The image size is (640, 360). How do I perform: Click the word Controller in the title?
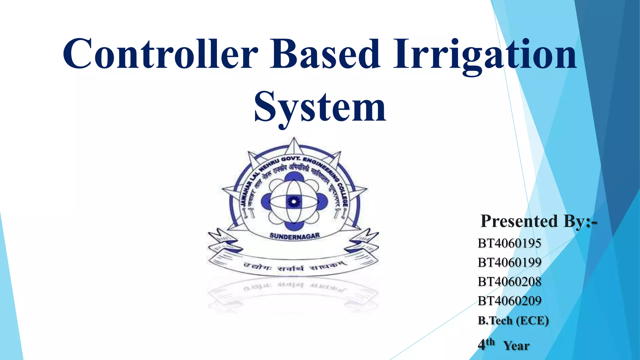(x=161, y=54)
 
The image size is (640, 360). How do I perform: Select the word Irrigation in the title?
(x=484, y=55)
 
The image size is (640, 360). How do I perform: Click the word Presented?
(x=519, y=221)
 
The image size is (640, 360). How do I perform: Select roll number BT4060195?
(x=509, y=243)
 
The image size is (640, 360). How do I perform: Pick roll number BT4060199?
(x=509, y=262)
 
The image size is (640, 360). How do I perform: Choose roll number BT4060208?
(x=509, y=282)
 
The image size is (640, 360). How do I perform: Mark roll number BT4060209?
(x=509, y=301)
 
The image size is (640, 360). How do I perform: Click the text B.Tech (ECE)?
(x=513, y=320)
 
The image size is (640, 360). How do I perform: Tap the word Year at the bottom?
(x=516, y=346)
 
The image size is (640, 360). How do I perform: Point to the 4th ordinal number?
(x=486, y=344)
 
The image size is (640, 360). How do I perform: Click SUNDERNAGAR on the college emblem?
(x=294, y=236)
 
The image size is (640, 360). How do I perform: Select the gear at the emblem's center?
(x=294, y=202)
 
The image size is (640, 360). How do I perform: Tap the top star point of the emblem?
(x=294, y=144)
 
